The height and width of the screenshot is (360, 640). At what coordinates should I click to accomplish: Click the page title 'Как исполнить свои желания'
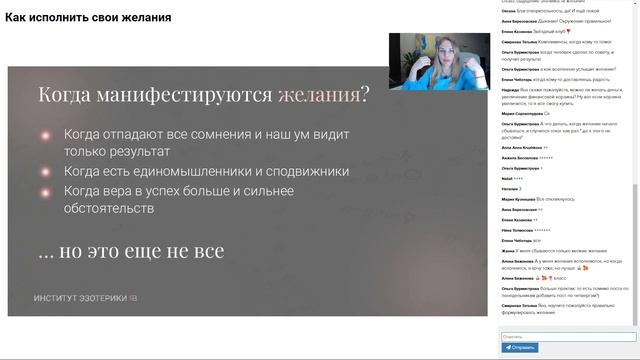(88, 18)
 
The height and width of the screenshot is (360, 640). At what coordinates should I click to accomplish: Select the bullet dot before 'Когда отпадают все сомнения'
(46, 134)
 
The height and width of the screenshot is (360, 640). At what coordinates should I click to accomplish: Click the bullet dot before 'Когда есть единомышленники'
(46, 171)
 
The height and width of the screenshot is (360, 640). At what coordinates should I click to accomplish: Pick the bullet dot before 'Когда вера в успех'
(46, 190)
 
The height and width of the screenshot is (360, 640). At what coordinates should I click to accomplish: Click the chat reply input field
(567, 337)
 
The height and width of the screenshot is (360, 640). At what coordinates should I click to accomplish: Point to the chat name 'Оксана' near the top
(508, 11)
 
